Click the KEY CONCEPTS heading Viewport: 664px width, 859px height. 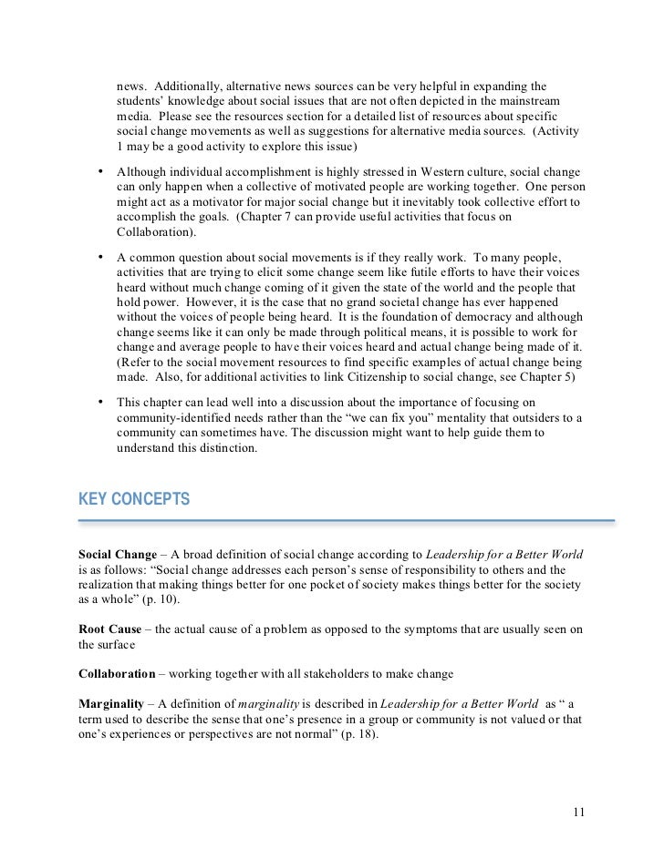tap(135, 498)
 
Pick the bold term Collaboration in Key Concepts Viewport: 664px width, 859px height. tap(118, 673)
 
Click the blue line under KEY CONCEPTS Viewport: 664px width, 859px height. tap(347, 521)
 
